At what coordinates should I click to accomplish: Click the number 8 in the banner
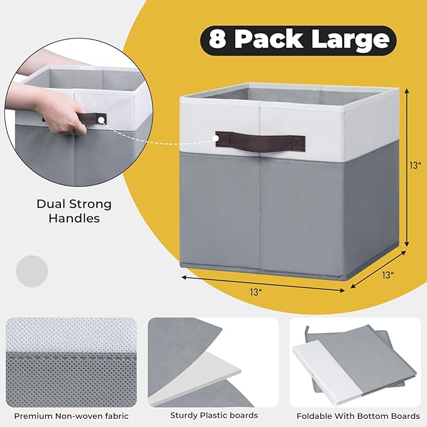coord(217,39)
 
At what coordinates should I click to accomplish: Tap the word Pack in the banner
coord(269,39)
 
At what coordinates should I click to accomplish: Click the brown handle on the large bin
coord(260,141)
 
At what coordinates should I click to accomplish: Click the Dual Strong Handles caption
coord(74,211)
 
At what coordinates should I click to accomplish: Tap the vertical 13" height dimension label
coord(415,165)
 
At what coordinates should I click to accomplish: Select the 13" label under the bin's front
coord(256,292)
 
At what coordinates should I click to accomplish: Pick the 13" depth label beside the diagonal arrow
coord(387,275)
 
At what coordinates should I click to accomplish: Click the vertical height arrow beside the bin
coord(407,168)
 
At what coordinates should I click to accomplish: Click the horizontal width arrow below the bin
coord(263,284)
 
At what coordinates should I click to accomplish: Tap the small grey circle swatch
coord(32,271)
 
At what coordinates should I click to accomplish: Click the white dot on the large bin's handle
coord(216,138)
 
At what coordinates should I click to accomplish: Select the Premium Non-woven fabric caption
coord(71,416)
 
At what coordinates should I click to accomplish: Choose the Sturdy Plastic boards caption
coord(214,415)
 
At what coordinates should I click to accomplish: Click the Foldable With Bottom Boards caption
coord(358,416)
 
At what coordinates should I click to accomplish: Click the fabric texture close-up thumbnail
coord(71,362)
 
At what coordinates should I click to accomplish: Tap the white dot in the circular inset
coord(102,119)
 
